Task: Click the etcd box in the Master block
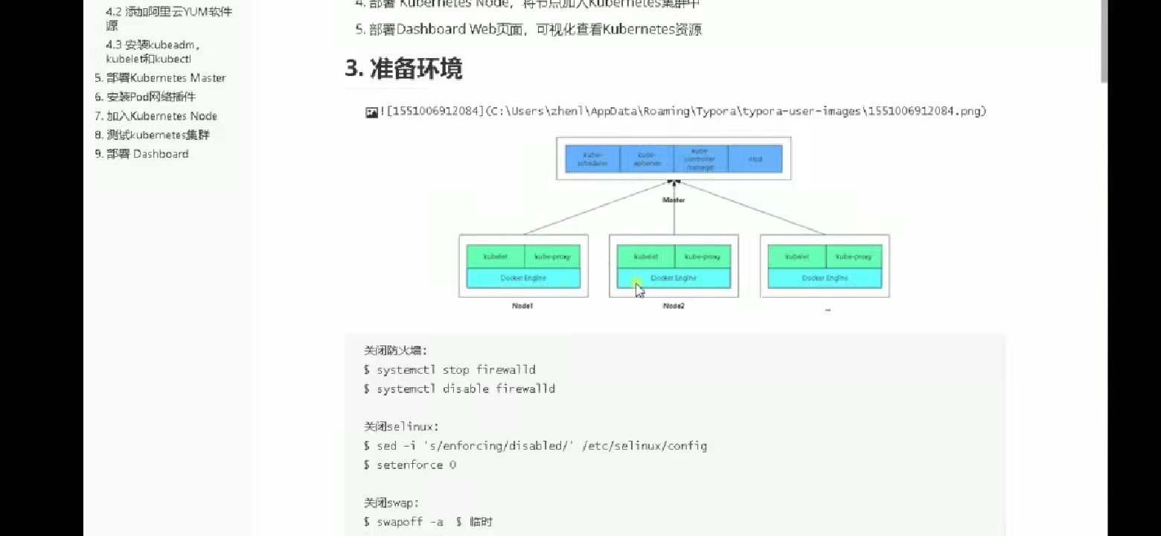755,159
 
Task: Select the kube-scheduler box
592,159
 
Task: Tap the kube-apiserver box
646,159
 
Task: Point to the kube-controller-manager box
700,159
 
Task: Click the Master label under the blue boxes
674,200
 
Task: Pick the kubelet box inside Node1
496,256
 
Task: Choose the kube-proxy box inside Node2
703,256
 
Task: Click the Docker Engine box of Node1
523,278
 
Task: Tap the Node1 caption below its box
522,306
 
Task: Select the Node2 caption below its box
674,306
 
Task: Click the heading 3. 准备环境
404,68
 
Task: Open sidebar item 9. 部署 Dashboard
141,154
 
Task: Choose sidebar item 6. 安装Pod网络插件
145,97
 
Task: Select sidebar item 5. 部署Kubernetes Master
160,78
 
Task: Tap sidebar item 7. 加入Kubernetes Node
156,116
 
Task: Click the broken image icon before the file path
371,112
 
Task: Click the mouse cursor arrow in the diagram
639,290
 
